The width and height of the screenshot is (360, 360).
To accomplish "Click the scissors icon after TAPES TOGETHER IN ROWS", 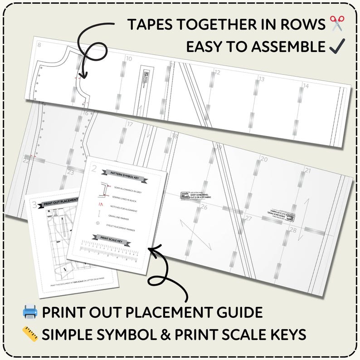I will tap(337, 23).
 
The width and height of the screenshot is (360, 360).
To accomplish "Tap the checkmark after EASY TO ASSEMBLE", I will tap(338, 46).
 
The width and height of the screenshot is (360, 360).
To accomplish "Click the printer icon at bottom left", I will tap(30, 312).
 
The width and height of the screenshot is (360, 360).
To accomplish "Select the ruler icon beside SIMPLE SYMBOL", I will tap(30, 335).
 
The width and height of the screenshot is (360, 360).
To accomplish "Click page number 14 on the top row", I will tap(306, 86).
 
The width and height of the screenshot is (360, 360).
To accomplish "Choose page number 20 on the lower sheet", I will tap(263, 159).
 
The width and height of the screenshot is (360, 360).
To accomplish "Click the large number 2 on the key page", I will tap(94, 170).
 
